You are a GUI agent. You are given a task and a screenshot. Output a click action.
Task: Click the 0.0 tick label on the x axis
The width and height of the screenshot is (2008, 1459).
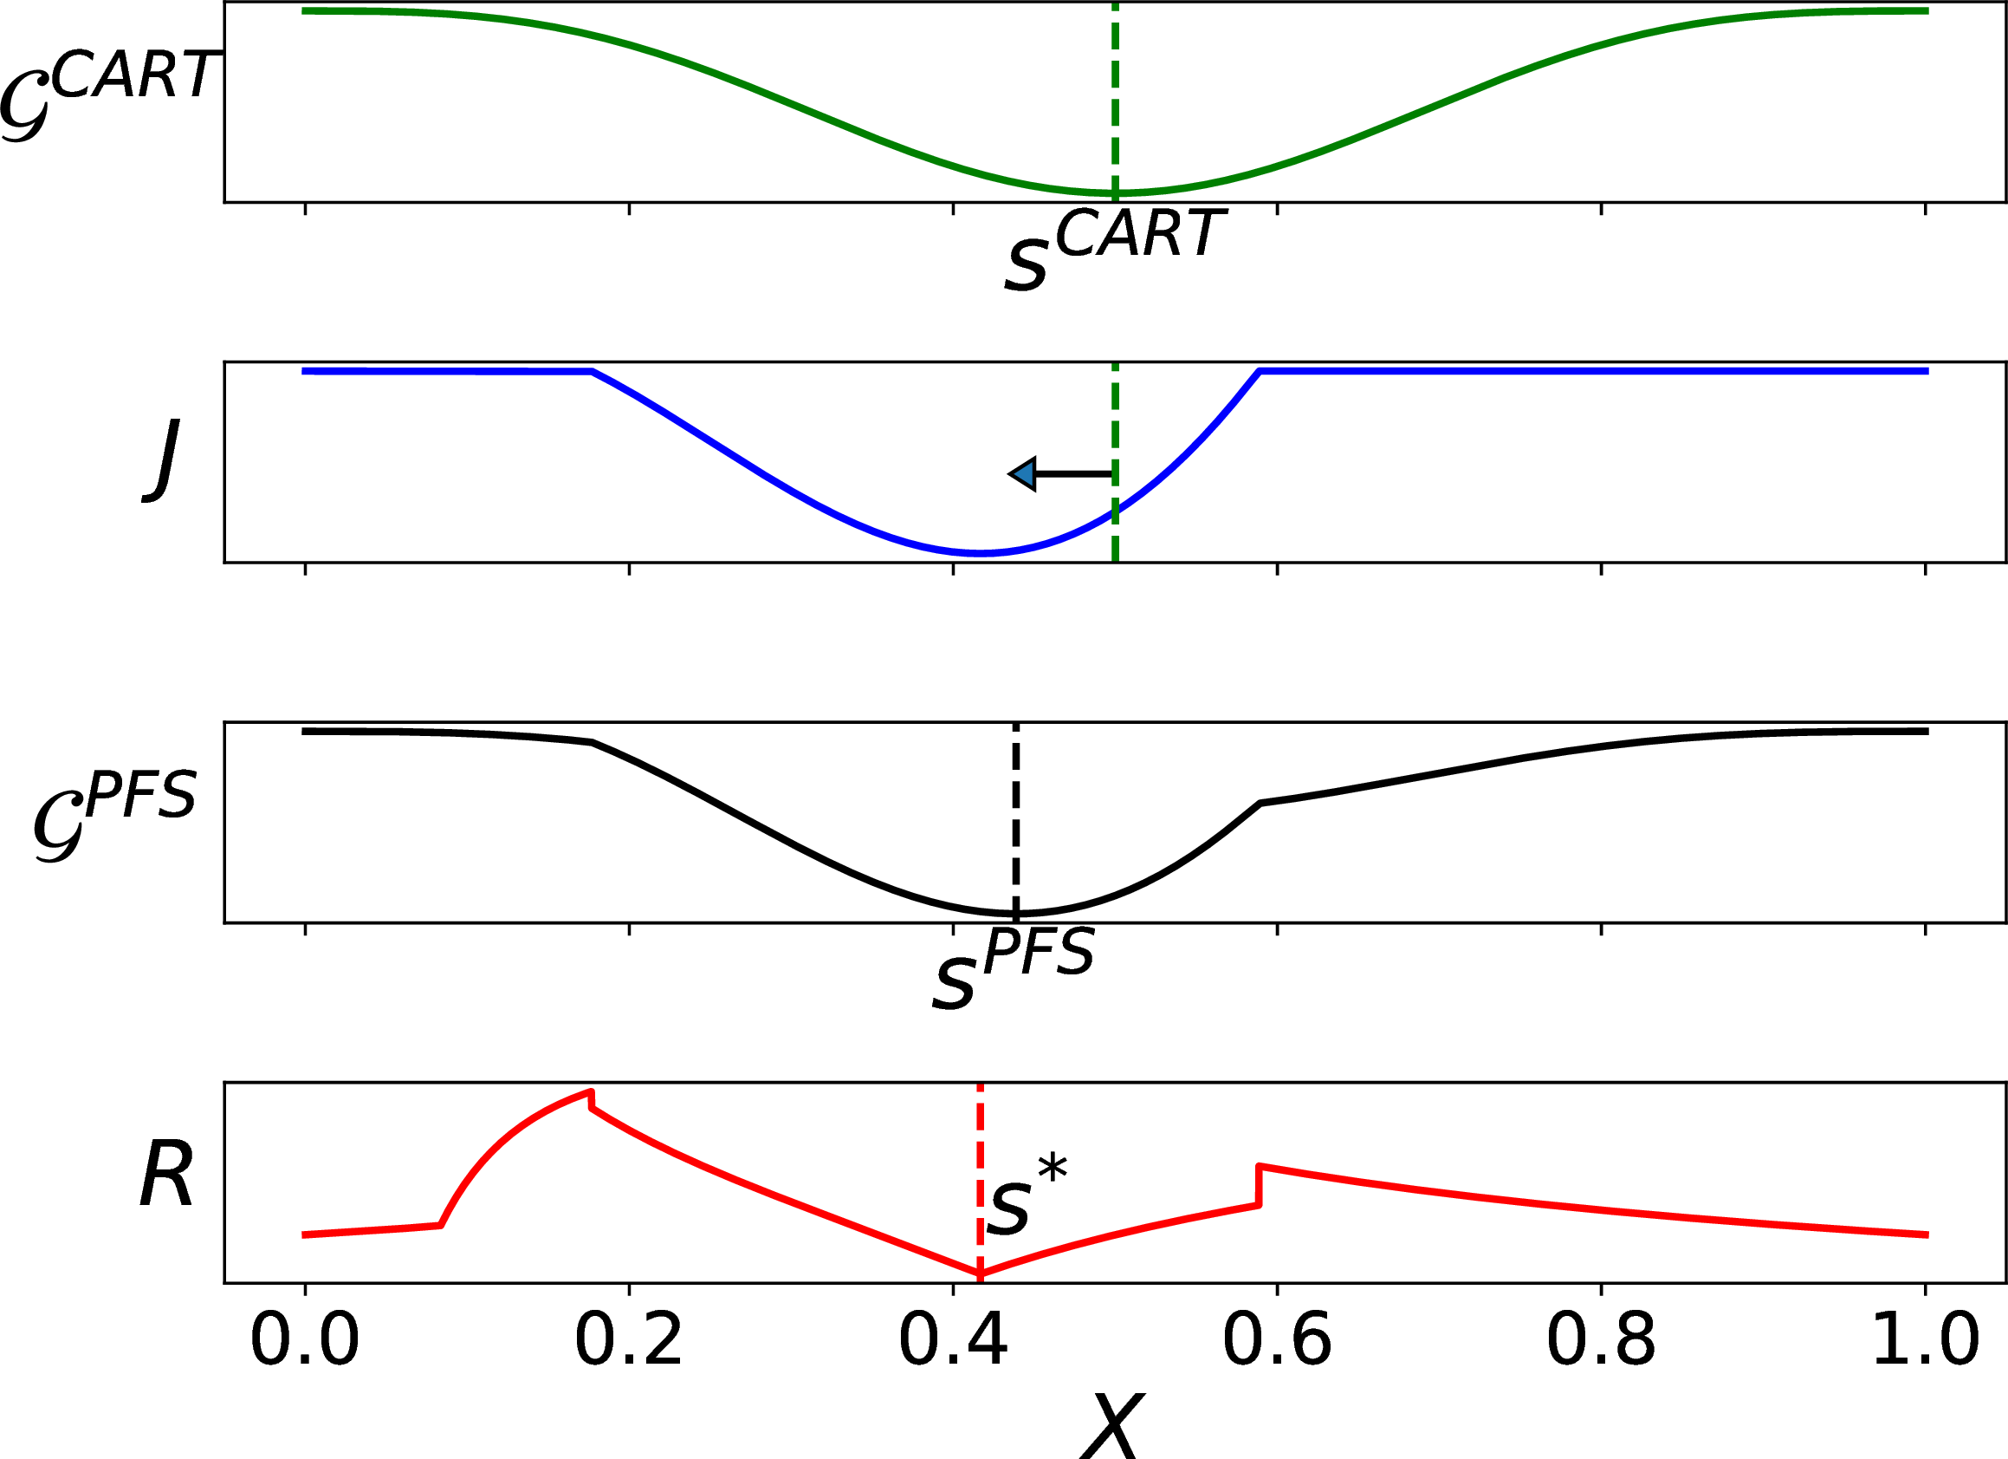click(305, 1340)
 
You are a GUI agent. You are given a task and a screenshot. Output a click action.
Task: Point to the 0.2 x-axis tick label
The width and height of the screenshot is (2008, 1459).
click(629, 1340)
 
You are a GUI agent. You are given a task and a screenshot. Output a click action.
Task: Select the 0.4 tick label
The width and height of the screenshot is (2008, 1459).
click(953, 1340)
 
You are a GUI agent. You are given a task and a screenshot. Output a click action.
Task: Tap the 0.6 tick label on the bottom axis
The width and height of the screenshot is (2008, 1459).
click(1277, 1340)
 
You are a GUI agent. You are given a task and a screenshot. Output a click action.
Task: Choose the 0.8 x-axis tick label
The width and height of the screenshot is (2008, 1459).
click(1601, 1340)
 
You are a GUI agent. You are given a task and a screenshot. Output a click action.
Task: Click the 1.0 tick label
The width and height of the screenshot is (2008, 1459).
click(1925, 1340)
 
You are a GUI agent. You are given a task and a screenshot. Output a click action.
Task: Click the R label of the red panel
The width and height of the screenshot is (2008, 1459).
click(165, 1177)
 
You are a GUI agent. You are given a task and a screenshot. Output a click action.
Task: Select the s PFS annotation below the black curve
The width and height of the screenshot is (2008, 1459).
click(1014, 967)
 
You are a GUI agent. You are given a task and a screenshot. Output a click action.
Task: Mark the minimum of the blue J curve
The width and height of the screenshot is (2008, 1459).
click(979, 553)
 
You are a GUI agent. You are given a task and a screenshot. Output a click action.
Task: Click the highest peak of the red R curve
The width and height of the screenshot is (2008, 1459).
click(590, 1091)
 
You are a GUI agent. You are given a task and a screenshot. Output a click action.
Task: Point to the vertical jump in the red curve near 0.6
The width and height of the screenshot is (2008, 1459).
click(1259, 1185)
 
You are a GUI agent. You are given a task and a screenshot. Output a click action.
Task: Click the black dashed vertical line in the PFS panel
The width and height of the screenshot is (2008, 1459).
click(1015, 815)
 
